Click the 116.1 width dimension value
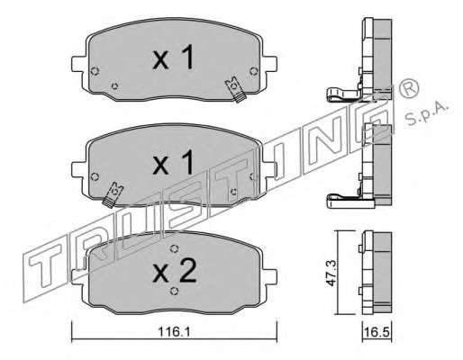coord(174,332)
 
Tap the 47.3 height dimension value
coord(331,274)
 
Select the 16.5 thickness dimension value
coord(377,332)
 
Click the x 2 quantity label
coord(175,271)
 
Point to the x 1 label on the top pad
coord(173,57)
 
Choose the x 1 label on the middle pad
coord(173,162)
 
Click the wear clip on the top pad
coord(236,89)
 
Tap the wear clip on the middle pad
coord(113,194)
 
